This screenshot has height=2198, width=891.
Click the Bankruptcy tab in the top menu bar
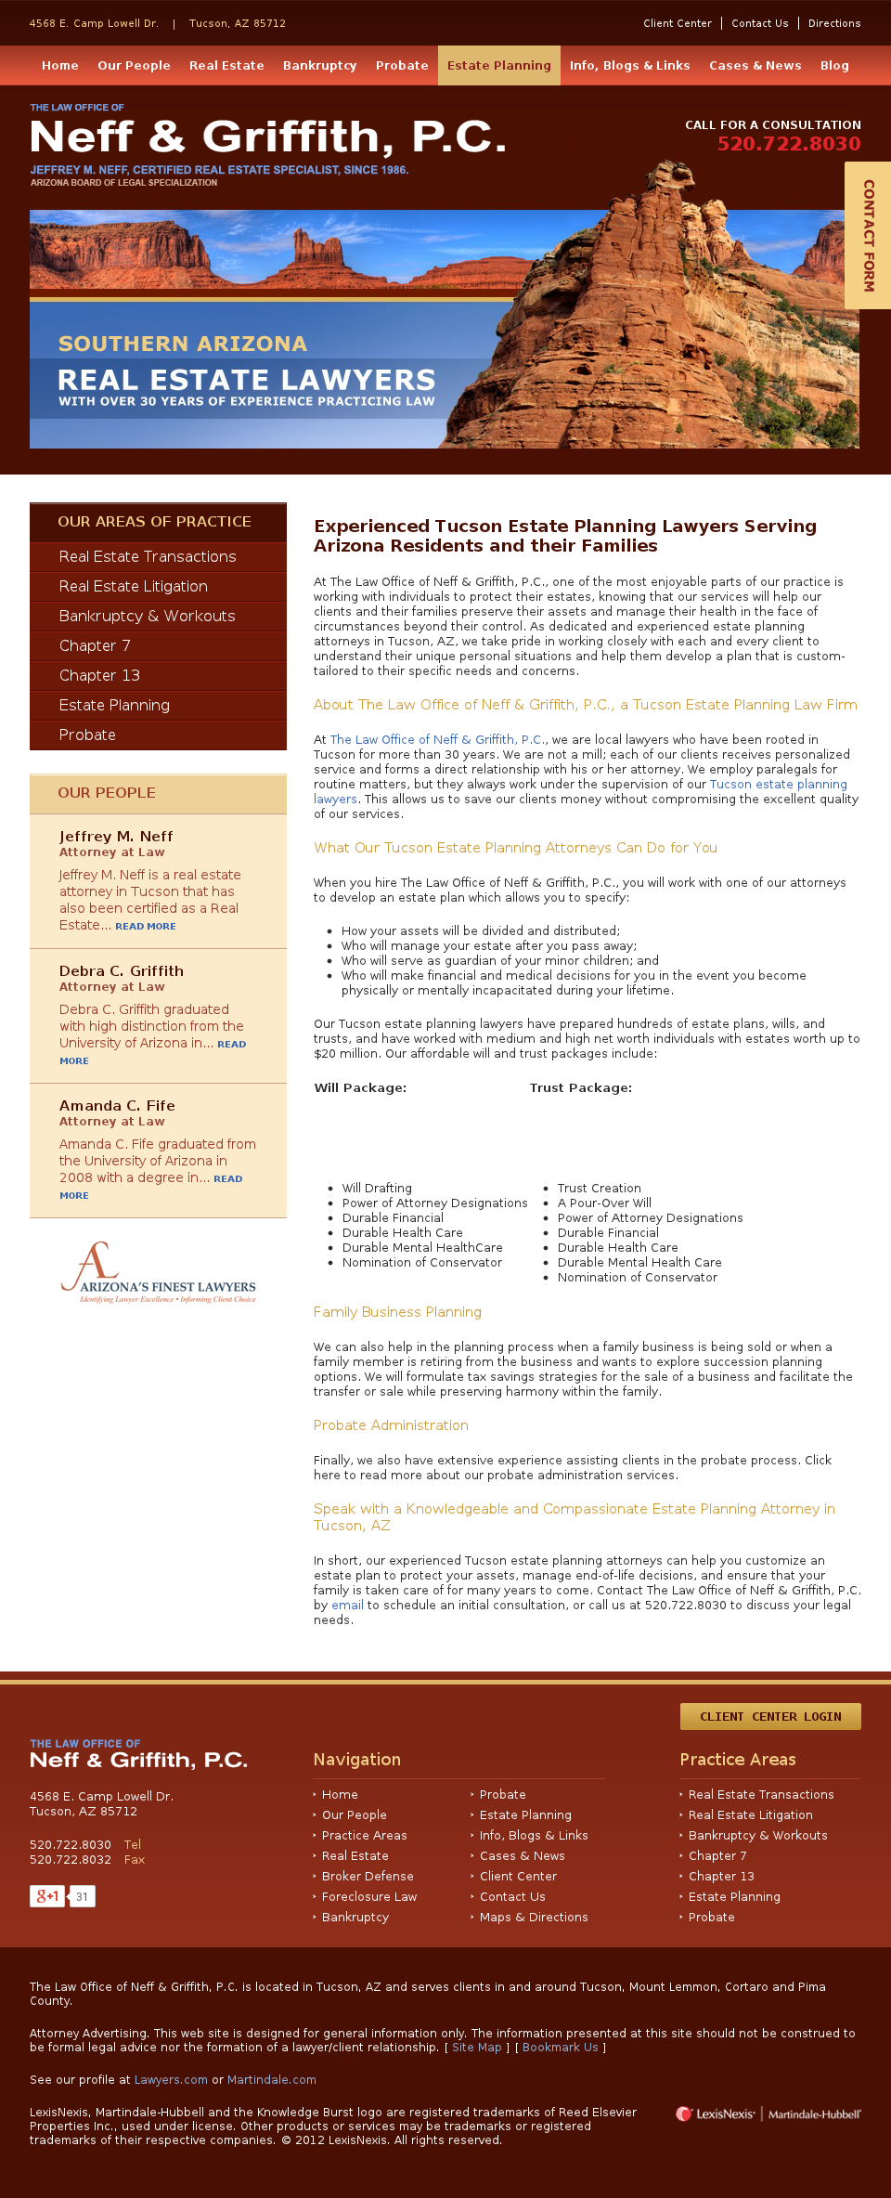[x=319, y=66]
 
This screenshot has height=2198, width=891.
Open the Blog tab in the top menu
[x=834, y=66]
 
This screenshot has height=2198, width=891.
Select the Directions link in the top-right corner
[x=833, y=23]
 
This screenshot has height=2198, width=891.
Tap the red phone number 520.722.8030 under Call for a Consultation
[x=789, y=144]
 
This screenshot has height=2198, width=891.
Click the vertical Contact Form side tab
[x=869, y=235]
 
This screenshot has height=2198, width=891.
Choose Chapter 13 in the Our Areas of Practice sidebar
[x=99, y=675]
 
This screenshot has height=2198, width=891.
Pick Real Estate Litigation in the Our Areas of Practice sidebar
[x=133, y=586]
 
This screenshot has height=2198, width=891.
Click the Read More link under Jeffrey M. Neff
[x=145, y=926]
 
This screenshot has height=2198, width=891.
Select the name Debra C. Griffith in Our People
[x=122, y=970]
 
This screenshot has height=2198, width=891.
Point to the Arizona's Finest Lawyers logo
[x=158, y=1273]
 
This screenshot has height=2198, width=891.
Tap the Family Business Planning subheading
[x=397, y=1312]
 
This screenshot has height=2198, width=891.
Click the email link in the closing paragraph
[x=347, y=1605]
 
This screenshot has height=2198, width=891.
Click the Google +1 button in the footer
[x=47, y=1896]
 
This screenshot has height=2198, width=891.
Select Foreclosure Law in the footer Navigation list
[x=369, y=1896]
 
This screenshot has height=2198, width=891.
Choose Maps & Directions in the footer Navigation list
[x=534, y=1917]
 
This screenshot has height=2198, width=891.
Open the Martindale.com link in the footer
[x=271, y=2079]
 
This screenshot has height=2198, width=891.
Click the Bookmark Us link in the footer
[x=560, y=2047]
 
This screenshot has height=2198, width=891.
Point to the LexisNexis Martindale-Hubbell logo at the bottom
[x=768, y=2113]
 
